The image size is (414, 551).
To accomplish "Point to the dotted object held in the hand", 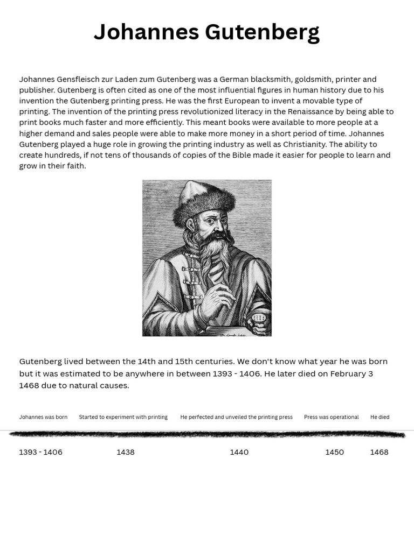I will pyautogui.click(x=259, y=319).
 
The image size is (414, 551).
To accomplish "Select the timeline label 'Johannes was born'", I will pyautogui.click(x=43, y=417).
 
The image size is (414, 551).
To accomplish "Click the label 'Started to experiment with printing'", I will pyautogui.click(x=123, y=417).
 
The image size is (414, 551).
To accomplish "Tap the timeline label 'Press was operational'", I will pyautogui.click(x=331, y=417).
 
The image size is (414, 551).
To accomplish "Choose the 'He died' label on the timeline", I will pyautogui.click(x=379, y=417).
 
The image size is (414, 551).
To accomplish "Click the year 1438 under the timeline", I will pyautogui.click(x=126, y=452).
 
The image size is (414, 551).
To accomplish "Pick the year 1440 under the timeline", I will pyautogui.click(x=239, y=452).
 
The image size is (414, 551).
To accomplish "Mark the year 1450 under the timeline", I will pyautogui.click(x=334, y=452).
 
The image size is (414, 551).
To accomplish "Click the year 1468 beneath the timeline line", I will pyautogui.click(x=379, y=452).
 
